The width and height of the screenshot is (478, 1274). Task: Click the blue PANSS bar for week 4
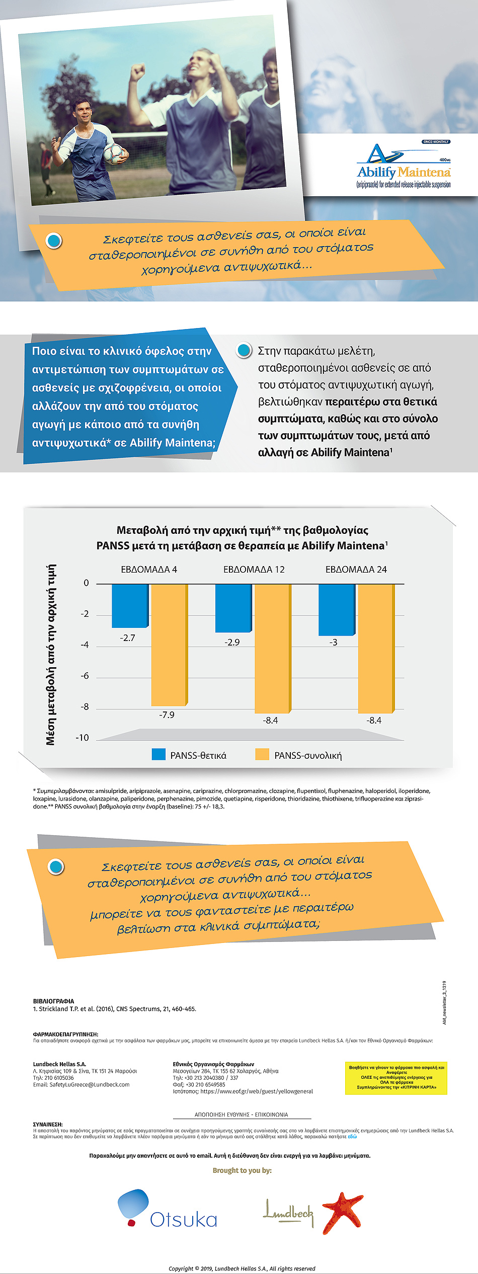130,605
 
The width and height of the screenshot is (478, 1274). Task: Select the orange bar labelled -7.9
169,645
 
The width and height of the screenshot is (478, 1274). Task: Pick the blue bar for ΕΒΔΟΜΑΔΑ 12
233,608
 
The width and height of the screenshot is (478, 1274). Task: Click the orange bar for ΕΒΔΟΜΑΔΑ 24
376,648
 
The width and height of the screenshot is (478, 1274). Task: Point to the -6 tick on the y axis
85,676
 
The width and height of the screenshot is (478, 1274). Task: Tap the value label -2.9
232,642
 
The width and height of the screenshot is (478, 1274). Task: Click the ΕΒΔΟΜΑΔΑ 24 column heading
356,570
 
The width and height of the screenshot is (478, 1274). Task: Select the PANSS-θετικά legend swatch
158,754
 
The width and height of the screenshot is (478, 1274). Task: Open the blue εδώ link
352,1137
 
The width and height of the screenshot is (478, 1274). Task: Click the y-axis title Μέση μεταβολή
51,654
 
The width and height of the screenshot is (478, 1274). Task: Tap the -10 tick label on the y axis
82,738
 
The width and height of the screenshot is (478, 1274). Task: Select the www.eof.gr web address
257,1091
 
